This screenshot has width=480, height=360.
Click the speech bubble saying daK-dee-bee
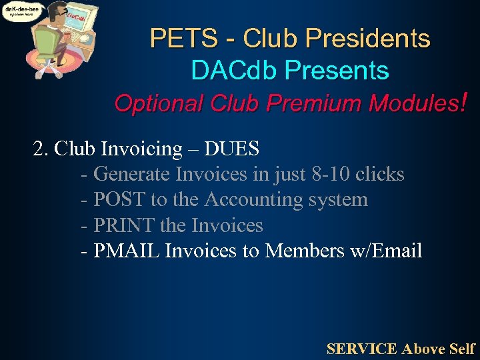pyautogui.click(x=21, y=11)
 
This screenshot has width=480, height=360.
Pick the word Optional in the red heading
pyautogui.click(x=159, y=103)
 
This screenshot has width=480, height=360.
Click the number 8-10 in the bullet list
pyautogui.click(x=330, y=174)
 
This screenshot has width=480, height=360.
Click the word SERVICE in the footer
pyautogui.click(x=361, y=348)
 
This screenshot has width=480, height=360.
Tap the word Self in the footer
pyautogui.click(x=462, y=348)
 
